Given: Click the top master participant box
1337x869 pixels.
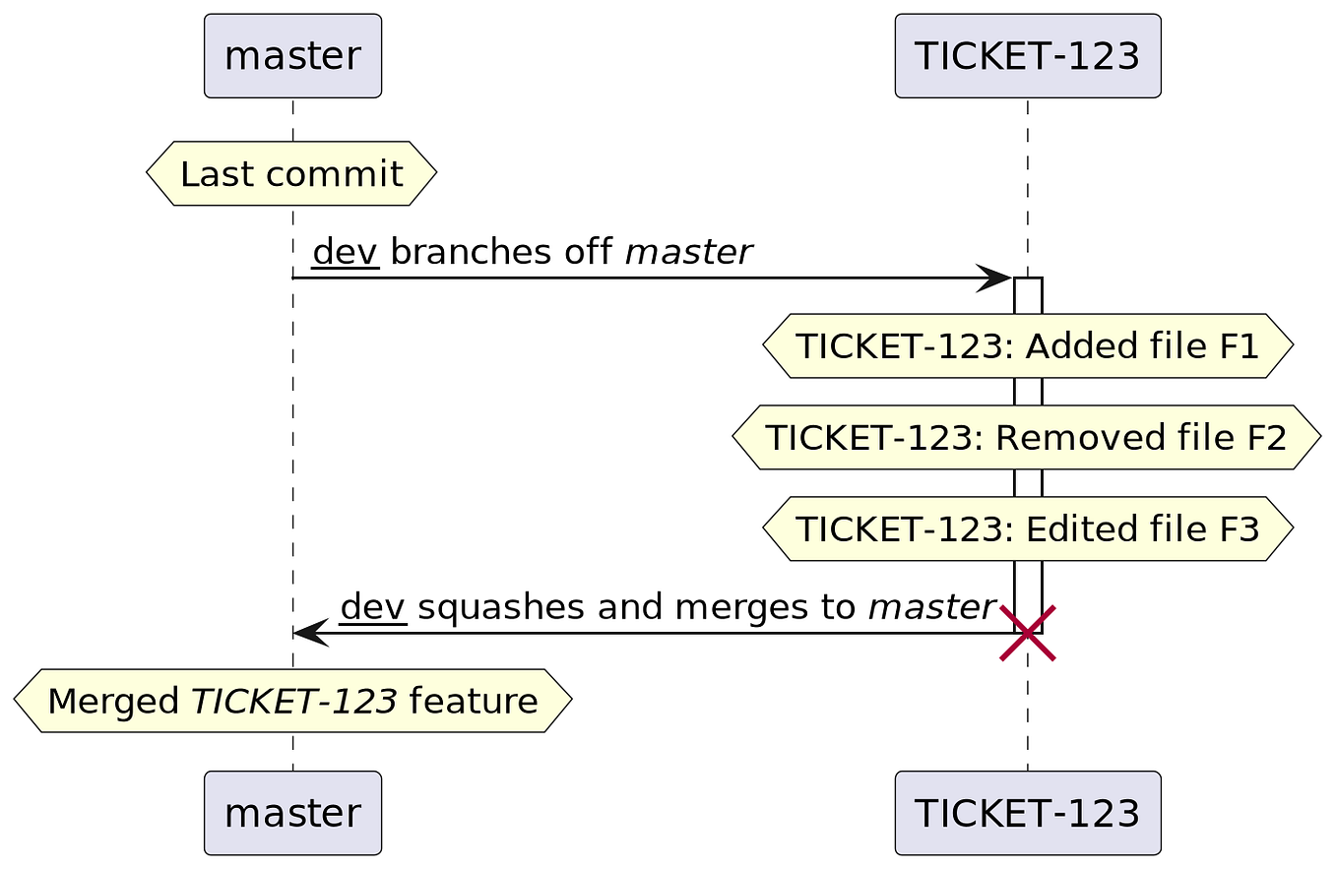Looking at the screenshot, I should click(x=292, y=56).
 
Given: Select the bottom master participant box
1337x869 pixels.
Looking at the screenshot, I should click(x=292, y=813).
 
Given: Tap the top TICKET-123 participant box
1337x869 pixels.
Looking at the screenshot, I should click(x=1027, y=56).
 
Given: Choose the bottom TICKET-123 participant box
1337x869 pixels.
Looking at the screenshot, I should click(x=1027, y=813).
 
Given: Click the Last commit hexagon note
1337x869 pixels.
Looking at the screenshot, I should click(x=291, y=174).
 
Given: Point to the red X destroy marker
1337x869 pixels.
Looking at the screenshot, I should click(x=1027, y=633).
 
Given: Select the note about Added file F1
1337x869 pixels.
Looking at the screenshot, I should click(x=1027, y=346).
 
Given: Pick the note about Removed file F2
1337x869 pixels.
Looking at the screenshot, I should click(x=1027, y=438).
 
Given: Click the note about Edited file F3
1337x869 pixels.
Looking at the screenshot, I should click(x=1027, y=529).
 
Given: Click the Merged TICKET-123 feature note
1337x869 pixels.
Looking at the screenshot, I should click(x=292, y=702).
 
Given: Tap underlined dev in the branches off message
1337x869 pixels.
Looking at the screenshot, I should click(x=346, y=253).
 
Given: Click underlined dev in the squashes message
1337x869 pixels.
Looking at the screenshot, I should click(x=373, y=608).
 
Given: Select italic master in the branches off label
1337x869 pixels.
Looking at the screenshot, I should click(x=688, y=253).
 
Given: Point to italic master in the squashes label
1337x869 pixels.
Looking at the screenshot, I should click(x=930, y=608).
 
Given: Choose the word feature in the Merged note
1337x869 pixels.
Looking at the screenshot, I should click(x=473, y=702).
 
